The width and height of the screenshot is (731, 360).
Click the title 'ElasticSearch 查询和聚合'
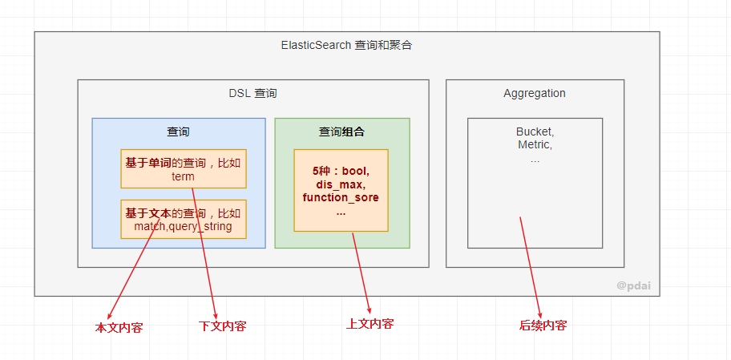tap(346, 46)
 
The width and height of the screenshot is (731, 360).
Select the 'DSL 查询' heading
tap(252, 93)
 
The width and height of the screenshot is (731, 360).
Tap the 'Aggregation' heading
tap(535, 93)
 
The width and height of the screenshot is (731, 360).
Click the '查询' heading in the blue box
tap(178, 131)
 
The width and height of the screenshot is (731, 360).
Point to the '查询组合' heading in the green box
tap(341, 131)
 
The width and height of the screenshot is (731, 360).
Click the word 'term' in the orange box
tap(183, 176)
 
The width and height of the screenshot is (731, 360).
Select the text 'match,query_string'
tap(183, 226)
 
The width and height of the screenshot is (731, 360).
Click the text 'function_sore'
tap(341, 197)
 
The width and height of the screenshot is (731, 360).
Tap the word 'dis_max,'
tap(341, 184)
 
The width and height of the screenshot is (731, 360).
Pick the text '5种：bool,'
tap(341, 172)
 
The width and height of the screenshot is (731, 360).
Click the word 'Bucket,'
tap(535, 131)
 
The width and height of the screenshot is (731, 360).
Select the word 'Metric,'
tap(535, 145)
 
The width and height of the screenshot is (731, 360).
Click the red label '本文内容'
tap(119, 328)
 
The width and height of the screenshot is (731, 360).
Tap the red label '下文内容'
tap(222, 326)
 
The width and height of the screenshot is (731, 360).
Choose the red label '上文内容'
tap(370, 324)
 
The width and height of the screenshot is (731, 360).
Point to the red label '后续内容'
tap(543, 326)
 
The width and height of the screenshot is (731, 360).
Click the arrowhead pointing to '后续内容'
tap(540, 314)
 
